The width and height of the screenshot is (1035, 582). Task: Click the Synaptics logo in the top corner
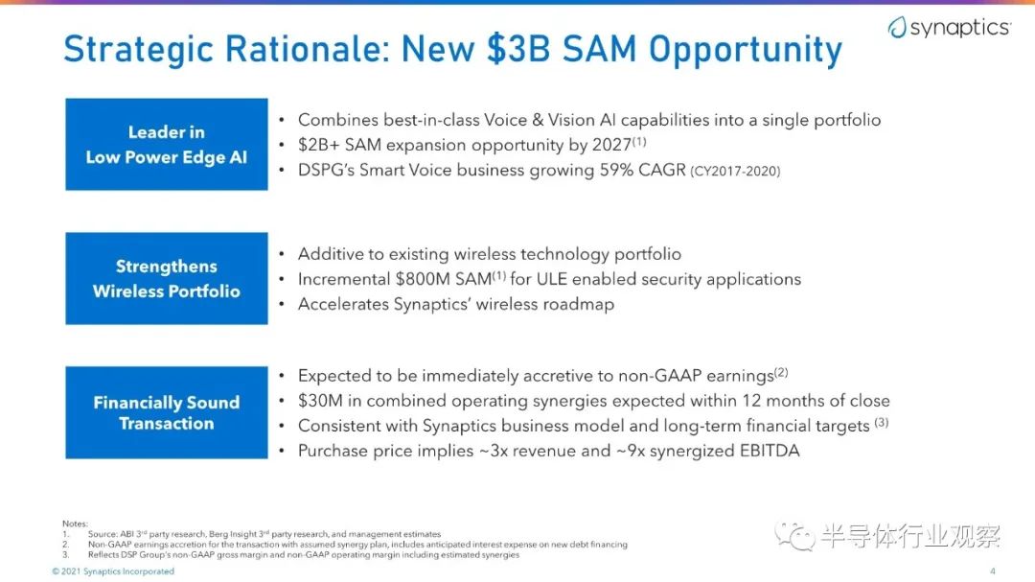[949, 27]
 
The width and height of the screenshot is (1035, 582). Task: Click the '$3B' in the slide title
[518, 49]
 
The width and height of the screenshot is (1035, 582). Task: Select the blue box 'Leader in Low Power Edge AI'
[167, 144]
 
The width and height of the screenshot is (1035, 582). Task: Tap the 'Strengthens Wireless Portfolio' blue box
[167, 278]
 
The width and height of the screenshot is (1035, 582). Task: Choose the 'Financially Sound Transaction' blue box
[167, 412]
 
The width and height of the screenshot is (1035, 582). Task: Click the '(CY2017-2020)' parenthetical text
[735, 171]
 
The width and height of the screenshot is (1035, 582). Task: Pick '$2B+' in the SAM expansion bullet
[318, 145]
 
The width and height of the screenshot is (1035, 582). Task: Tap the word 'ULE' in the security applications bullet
[552, 279]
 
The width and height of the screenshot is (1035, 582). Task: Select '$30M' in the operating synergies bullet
[319, 401]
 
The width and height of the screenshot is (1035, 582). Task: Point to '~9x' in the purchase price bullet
[631, 451]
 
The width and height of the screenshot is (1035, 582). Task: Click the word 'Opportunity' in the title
[746, 50]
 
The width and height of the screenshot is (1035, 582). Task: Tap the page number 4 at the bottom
[993, 570]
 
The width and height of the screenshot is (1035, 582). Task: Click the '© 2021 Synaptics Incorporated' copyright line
[113, 571]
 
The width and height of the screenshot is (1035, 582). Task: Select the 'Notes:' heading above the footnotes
[75, 524]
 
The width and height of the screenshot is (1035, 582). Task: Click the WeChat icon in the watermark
[794, 536]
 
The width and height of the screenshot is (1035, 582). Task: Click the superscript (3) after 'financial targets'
[882, 422]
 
